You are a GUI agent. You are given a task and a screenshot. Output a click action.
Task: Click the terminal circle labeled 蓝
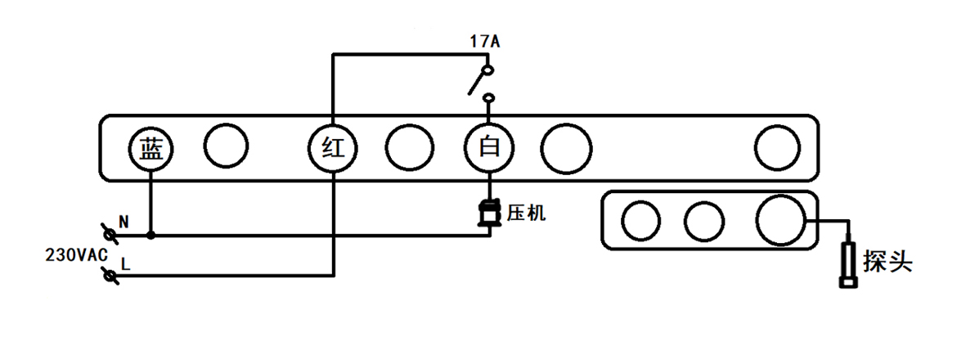(x=151, y=148)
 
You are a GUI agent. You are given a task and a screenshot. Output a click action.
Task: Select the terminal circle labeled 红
(x=332, y=148)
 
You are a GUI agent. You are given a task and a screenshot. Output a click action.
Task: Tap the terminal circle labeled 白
(x=489, y=148)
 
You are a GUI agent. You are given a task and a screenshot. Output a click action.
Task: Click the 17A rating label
(x=484, y=40)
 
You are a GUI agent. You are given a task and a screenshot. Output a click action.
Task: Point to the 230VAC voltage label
(x=76, y=254)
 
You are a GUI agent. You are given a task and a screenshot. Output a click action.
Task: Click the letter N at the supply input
(x=124, y=221)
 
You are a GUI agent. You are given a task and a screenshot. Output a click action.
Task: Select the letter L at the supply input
(x=124, y=263)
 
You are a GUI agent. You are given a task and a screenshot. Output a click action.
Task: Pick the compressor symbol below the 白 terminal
(x=489, y=213)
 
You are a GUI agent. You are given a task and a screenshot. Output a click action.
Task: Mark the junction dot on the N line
(x=151, y=236)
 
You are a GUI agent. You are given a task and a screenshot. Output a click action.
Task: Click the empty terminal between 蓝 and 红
(x=225, y=146)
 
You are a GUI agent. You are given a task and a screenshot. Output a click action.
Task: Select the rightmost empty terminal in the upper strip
(x=776, y=147)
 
